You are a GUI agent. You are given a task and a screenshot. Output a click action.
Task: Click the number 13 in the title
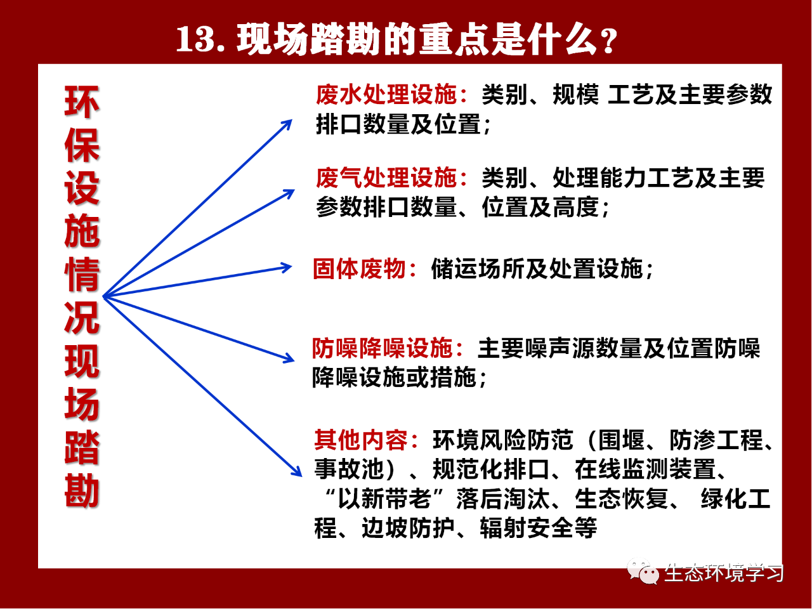[194, 39]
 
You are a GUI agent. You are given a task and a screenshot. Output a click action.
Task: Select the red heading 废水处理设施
[386, 95]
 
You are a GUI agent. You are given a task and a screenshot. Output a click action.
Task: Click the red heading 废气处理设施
[386, 178]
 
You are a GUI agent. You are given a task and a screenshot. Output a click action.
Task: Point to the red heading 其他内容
[361, 440]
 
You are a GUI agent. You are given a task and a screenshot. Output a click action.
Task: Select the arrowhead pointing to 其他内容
[297, 471]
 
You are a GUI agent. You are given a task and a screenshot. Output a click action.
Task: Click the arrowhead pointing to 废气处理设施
[289, 193]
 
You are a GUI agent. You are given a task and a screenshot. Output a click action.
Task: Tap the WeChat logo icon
[643, 572]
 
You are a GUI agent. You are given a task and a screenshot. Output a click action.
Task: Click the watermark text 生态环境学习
[723, 573]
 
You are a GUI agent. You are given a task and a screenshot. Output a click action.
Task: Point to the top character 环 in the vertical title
[82, 102]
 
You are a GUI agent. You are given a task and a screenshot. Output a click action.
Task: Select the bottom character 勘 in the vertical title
[82, 490]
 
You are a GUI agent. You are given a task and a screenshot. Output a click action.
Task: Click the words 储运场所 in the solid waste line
[478, 268]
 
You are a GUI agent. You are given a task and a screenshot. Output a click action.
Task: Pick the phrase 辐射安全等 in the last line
[539, 528]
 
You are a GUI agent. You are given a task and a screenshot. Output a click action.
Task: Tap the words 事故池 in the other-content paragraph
[348, 469]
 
